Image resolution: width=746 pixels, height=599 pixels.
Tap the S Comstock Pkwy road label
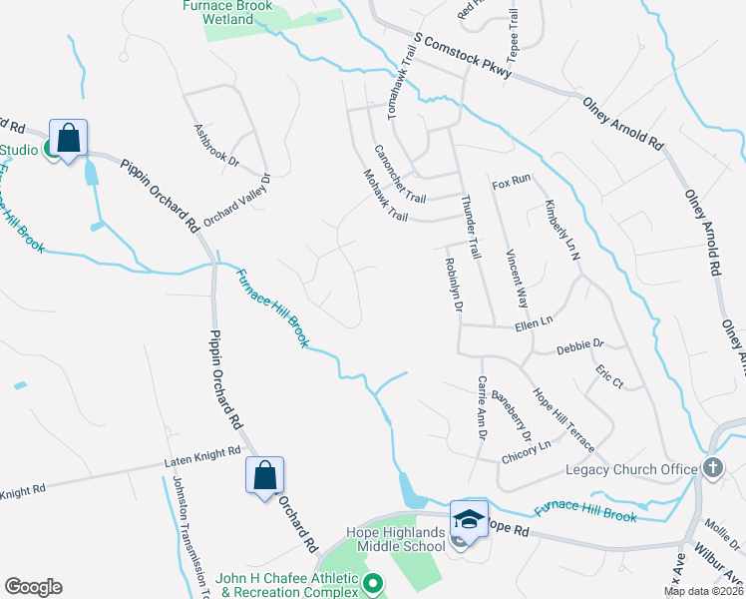[463, 57]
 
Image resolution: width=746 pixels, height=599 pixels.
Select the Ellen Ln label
[534, 324]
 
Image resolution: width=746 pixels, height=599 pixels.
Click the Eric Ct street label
[608, 376]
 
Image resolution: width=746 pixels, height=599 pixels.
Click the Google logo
[33, 587]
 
